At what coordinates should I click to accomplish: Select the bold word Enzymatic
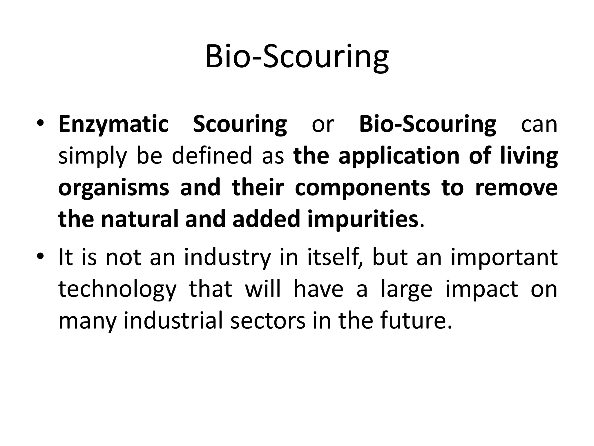pos(113,124)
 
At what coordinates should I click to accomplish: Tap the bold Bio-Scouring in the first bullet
pos(428,124)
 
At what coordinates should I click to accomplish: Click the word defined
pos(212,156)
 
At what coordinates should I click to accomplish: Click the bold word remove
pos(516,188)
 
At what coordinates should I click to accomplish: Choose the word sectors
pos(268,321)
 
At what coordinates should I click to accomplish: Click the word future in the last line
pos(412,321)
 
